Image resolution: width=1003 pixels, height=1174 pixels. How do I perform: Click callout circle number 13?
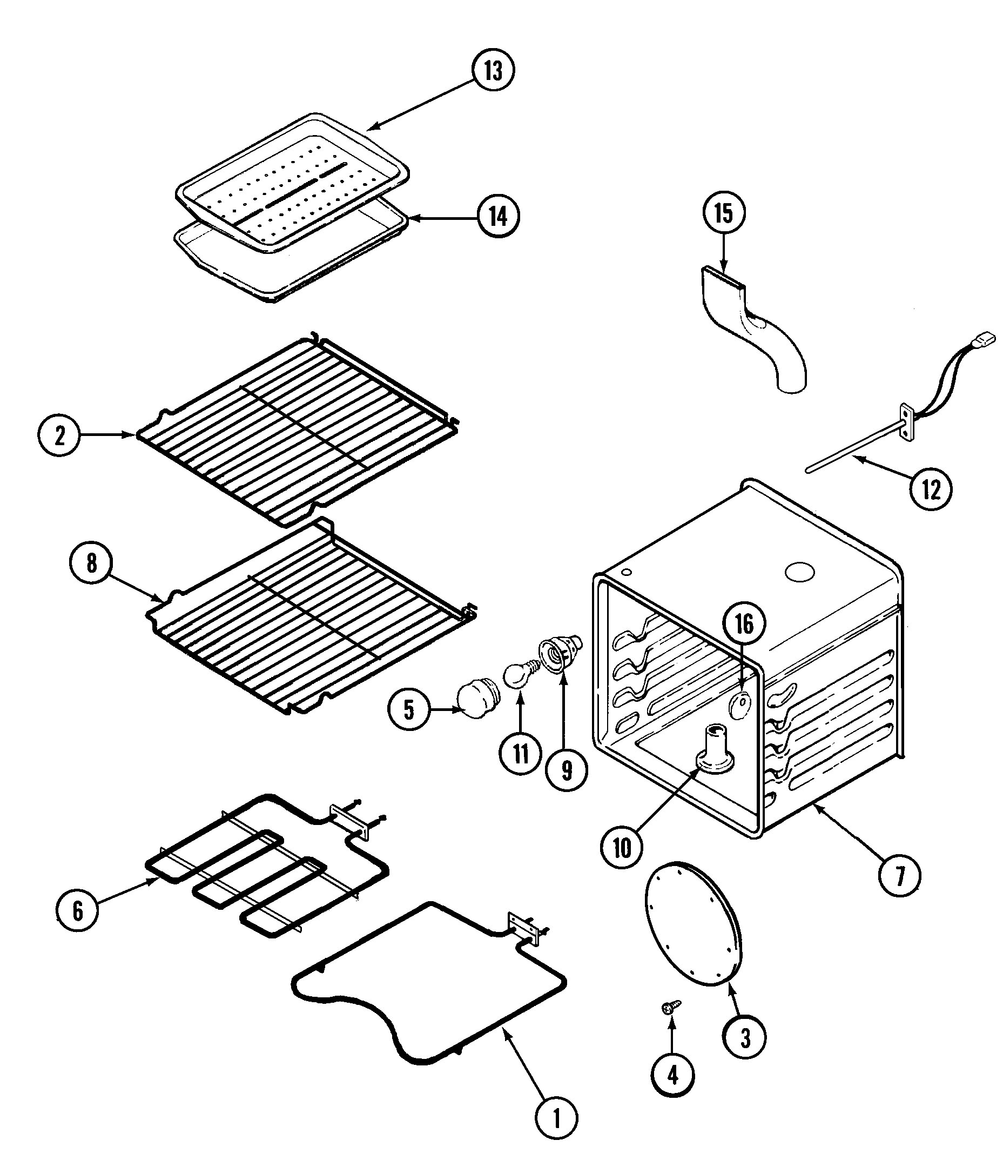[x=493, y=71]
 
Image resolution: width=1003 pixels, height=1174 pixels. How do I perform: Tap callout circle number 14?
[x=499, y=217]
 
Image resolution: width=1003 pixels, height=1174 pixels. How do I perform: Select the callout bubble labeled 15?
[x=724, y=213]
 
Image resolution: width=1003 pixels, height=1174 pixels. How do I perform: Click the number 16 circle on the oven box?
[x=744, y=624]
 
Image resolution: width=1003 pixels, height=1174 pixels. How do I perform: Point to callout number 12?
[x=931, y=489]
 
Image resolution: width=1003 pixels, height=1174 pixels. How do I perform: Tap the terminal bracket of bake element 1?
[x=524, y=927]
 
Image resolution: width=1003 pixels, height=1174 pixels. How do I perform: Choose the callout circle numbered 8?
[x=92, y=563]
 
